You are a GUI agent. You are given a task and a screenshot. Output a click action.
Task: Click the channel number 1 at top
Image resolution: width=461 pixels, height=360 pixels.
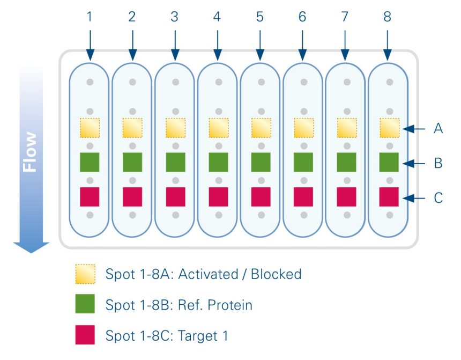90,17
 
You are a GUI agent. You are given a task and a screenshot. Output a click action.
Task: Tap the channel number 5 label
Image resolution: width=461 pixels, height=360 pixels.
260,17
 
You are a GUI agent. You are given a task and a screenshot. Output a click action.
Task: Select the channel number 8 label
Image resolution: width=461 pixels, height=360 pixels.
387,17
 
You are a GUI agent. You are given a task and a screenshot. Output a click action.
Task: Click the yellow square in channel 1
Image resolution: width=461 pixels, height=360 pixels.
90,128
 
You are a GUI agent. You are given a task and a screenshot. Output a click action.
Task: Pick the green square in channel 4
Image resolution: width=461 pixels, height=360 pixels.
218,162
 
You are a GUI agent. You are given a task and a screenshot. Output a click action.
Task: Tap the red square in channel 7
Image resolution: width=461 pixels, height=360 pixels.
346,197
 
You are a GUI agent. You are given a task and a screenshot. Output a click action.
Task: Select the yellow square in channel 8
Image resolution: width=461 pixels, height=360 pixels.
389,128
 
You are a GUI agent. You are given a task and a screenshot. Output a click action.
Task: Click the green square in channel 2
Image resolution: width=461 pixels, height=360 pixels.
132,162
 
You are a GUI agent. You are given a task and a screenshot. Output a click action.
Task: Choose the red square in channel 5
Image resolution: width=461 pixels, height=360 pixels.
261,197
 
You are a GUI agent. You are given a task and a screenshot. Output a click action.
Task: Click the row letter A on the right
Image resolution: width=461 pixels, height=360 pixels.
438,129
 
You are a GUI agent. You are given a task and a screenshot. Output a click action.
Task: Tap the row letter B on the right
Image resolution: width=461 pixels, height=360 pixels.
438,163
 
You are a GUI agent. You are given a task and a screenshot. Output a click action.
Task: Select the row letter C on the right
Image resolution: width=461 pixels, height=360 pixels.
438,198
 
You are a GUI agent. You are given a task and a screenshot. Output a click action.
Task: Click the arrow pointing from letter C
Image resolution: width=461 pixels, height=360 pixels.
415,198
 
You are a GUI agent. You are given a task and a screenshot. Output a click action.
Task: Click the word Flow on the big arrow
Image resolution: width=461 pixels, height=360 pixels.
31,152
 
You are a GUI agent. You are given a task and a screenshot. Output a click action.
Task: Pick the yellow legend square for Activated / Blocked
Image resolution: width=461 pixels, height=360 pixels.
85,274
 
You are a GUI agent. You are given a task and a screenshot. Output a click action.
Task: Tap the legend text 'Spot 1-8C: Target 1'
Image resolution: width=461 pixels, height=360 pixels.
167,336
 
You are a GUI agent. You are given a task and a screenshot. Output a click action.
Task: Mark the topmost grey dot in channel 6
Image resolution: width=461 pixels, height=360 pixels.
304,82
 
